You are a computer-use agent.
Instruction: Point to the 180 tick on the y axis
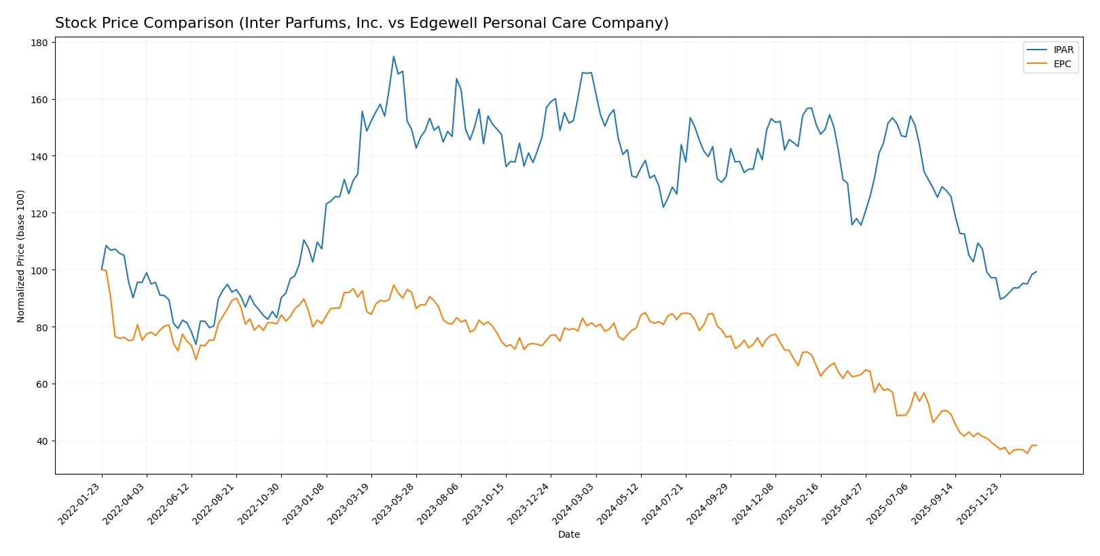[x=39, y=43]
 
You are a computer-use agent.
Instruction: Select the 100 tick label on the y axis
[x=39, y=270]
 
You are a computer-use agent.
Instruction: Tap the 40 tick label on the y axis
[x=41, y=441]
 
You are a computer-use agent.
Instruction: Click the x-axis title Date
[x=568, y=535]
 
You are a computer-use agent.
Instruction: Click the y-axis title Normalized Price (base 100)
[x=21, y=256]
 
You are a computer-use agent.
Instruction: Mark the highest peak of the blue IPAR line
[x=394, y=56]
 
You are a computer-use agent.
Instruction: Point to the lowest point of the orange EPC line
[x=1009, y=453]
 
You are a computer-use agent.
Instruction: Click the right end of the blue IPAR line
[x=1036, y=272]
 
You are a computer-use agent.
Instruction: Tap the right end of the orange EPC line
[x=1036, y=445]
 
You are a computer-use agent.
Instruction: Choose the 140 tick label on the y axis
[x=39, y=156]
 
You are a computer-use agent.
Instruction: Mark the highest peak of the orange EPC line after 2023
[x=394, y=285]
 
